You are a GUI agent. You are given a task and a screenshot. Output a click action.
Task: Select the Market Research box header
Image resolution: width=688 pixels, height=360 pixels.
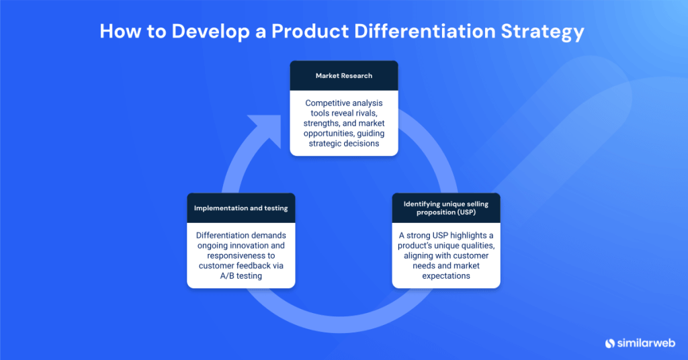(x=343, y=76)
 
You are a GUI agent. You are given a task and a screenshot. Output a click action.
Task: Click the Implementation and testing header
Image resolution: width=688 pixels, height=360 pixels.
(x=241, y=208)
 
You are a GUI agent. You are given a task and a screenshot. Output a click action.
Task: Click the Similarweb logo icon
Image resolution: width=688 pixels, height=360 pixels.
(x=610, y=343)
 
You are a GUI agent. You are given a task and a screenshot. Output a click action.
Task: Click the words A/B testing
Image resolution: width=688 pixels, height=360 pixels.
(x=241, y=276)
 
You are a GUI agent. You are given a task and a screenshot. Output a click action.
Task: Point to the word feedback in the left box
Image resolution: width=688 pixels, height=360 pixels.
(x=255, y=266)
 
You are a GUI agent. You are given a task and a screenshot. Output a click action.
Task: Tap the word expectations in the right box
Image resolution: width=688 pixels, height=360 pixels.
(x=445, y=276)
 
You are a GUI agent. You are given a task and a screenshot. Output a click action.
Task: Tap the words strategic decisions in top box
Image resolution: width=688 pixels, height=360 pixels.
(x=343, y=143)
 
